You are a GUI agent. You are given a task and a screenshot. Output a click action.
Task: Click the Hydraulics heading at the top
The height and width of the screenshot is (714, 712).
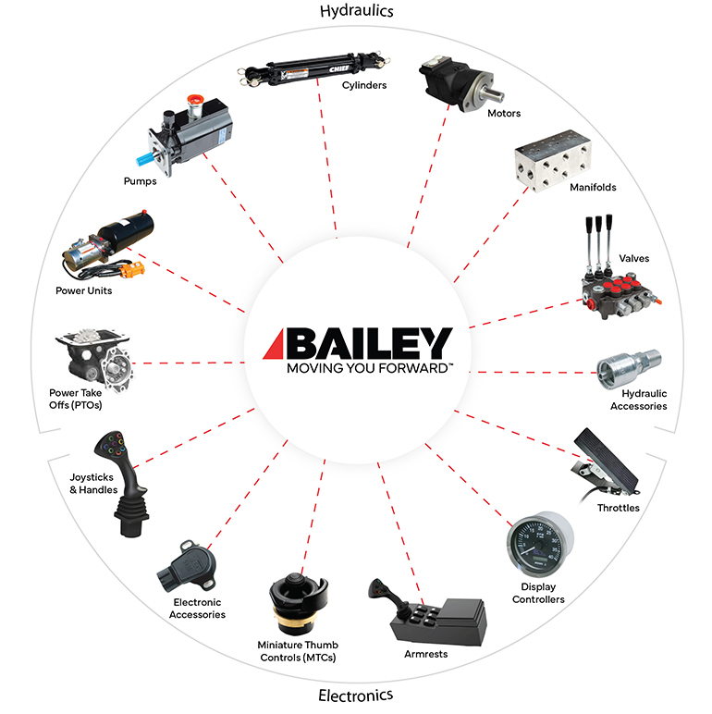coord(356,12)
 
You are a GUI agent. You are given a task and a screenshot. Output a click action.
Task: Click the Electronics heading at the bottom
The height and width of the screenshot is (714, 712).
coord(356,695)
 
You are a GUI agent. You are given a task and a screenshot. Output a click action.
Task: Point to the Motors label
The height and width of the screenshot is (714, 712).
coord(504,114)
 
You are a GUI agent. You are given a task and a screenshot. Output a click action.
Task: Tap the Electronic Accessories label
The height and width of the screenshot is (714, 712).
coord(197,609)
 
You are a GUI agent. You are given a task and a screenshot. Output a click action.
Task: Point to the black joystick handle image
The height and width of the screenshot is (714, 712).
coord(127,481)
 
